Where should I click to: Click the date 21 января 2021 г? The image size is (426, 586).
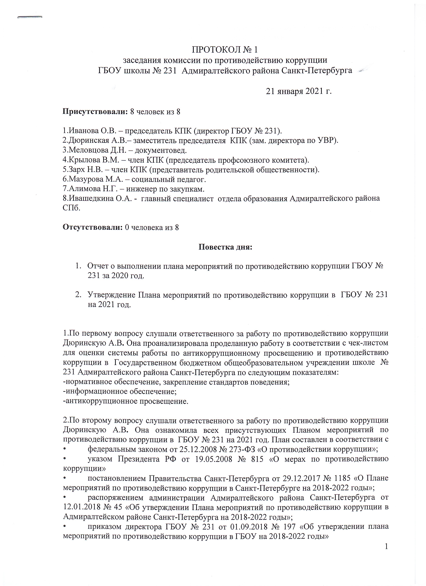299,91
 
